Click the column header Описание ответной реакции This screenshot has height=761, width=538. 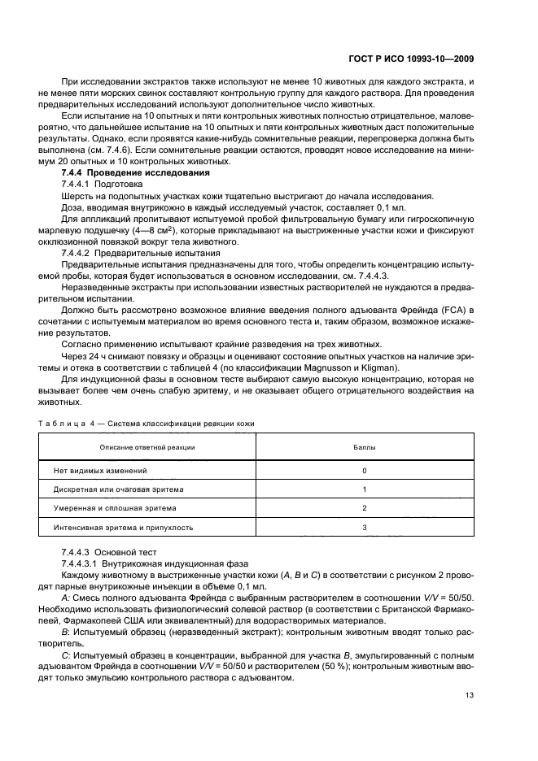coord(147,447)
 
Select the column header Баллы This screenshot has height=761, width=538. coord(365,447)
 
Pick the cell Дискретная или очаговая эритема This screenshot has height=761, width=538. coord(119,489)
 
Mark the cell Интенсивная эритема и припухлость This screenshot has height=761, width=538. coord(123,527)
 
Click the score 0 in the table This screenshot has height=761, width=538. coord(365,471)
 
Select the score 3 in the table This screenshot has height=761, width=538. coord(365,527)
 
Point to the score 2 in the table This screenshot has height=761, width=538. coord(365,508)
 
